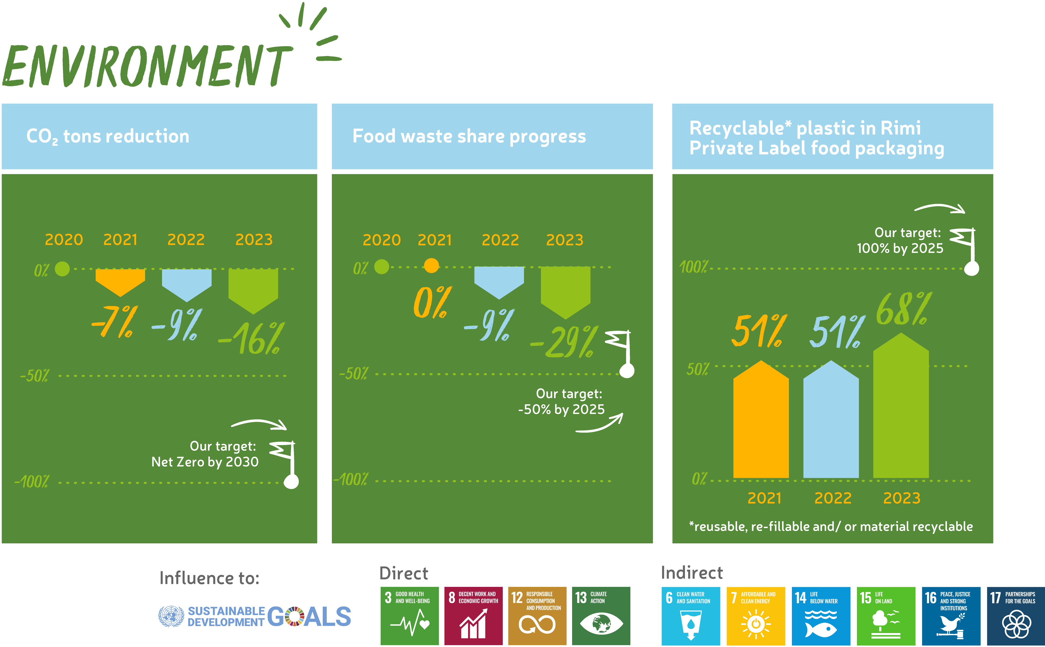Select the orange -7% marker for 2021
click(120, 282)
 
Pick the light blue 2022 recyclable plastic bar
click(831, 419)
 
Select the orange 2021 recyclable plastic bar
click(761, 419)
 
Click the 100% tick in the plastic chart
click(693, 267)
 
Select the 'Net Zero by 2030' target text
click(205, 462)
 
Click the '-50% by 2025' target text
click(561, 409)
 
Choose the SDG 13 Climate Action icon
click(601, 616)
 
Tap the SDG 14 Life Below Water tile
click(821, 616)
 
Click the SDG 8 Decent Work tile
click(473, 616)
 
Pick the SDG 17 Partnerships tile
click(1016, 616)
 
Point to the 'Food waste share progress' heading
click(469, 136)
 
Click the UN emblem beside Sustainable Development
click(171, 616)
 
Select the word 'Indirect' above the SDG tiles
click(692, 573)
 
